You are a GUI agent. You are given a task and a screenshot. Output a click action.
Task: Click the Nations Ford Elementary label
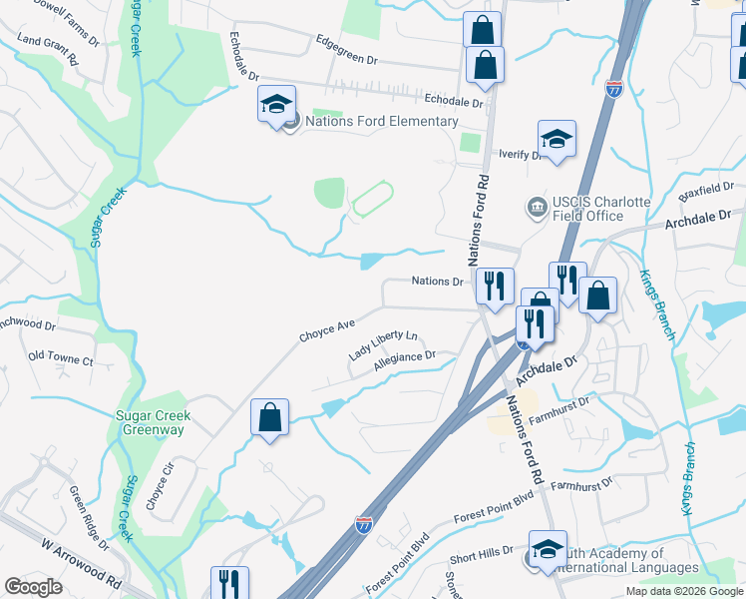pos(381,122)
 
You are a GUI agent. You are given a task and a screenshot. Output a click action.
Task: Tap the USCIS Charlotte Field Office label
pos(588,209)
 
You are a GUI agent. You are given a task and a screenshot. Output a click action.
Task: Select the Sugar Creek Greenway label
pos(153,422)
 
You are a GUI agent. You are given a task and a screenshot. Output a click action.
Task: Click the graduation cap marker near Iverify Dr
pos(557,140)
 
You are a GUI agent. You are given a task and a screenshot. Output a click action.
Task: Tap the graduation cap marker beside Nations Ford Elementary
pos(277,104)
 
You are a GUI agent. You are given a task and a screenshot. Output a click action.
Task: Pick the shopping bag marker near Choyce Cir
pos(269,416)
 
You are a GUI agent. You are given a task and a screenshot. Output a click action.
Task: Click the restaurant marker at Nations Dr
pos(494,287)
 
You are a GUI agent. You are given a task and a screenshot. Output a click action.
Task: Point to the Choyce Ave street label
pos(327,330)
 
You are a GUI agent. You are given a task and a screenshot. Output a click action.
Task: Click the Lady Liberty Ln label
pos(383,346)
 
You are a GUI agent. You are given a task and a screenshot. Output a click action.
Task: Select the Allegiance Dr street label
pos(405,361)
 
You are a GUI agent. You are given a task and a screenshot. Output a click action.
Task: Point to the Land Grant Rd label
pos(47,46)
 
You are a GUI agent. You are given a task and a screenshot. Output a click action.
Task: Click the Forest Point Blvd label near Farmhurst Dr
pos(496,515)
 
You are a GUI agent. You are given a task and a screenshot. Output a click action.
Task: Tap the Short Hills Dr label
pos(481,550)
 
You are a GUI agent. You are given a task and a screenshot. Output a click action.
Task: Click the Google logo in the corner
pos(33,587)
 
